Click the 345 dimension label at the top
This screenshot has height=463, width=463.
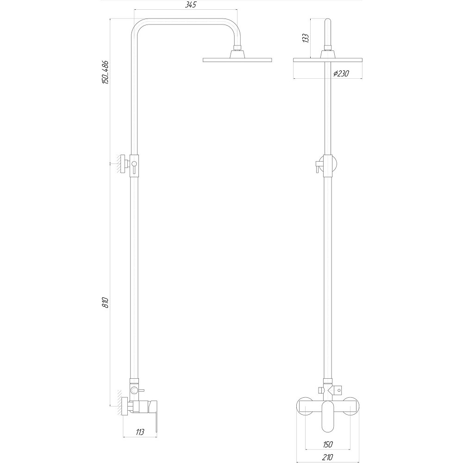[185, 6]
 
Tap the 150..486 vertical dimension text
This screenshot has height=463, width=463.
[106, 72]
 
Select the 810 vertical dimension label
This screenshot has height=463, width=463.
[106, 303]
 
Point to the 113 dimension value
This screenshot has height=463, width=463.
[140, 432]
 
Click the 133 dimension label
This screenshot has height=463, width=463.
[305, 38]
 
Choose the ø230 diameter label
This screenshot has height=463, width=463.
[340, 74]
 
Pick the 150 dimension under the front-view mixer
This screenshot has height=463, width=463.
[327, 444]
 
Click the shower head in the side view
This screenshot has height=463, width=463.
[237, 60]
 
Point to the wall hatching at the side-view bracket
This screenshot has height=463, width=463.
[118, 164]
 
